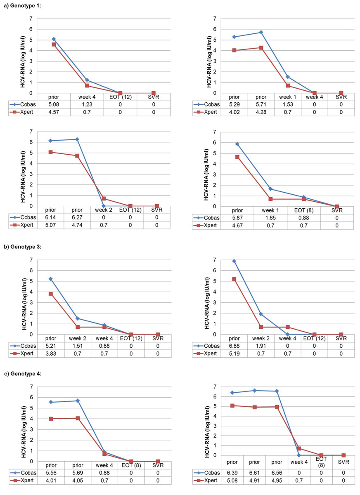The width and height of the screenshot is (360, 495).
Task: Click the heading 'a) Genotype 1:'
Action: coord(21,5)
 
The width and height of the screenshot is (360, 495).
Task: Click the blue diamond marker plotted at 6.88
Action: coord(234,261)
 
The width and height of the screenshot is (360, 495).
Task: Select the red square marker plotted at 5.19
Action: coord(234,279)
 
